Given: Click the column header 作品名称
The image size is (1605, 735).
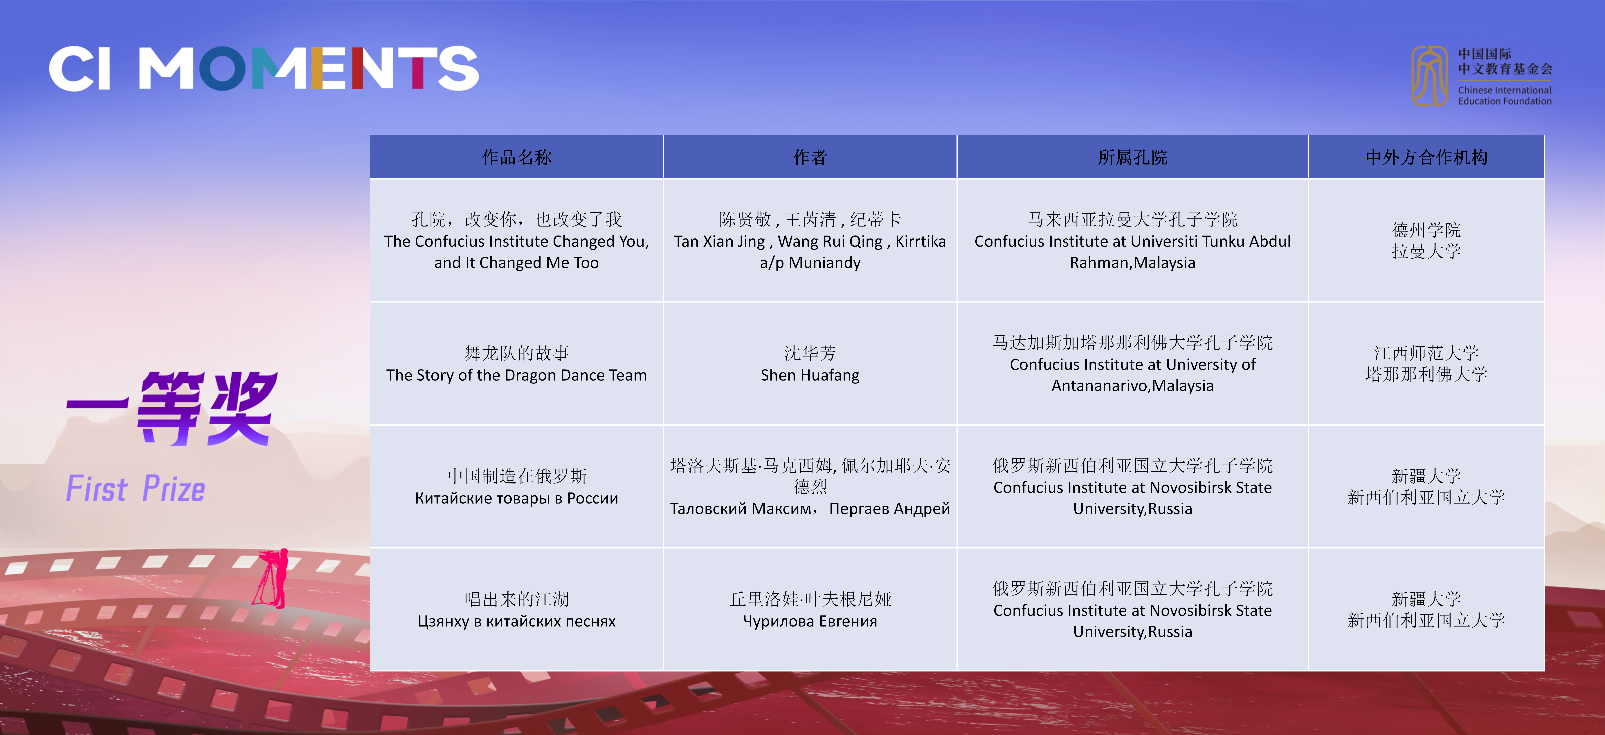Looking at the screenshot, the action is (516, 157).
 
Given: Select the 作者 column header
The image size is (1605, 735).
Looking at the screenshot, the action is (810, 157).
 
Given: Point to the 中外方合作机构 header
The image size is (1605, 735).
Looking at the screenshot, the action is (1426, 157).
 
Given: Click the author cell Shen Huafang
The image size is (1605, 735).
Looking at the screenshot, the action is (810, 364).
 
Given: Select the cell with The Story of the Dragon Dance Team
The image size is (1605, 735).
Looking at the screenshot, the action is (516, 364).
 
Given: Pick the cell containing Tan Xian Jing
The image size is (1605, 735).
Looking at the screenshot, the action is (810, 240).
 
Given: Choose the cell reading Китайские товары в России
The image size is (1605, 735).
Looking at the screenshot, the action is (516, 486).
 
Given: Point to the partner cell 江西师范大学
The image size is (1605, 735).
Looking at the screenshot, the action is (1426, 364).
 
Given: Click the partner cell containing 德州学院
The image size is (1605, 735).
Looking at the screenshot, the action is (1426, 240).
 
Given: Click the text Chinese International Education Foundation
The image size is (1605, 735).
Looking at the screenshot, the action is (1505, 95).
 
